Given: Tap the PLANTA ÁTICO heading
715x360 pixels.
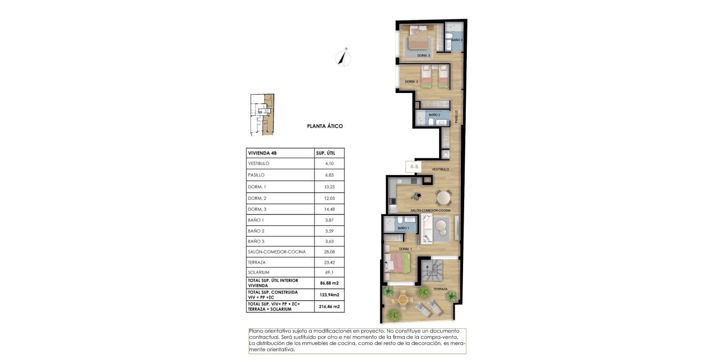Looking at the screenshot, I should click(x=325, y=126).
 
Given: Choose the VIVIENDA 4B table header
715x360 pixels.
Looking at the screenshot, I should click(x=262, y=153).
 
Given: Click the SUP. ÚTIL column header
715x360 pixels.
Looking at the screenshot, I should click(x=329, y=153).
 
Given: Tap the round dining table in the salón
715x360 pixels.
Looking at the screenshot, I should click(x=444, y=197).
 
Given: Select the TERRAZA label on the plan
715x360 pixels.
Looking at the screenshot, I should click(x=440, y=289).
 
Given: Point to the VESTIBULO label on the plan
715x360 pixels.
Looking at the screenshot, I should click(x=440, y=169).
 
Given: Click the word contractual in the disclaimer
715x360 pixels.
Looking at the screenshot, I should click(x=264, y=337).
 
